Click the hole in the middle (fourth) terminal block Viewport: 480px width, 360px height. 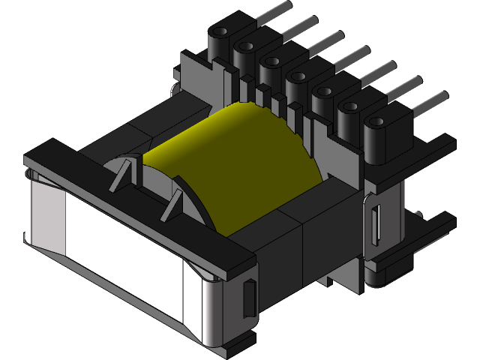pos(295,74)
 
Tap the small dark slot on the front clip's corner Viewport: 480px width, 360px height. pos(249,297)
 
